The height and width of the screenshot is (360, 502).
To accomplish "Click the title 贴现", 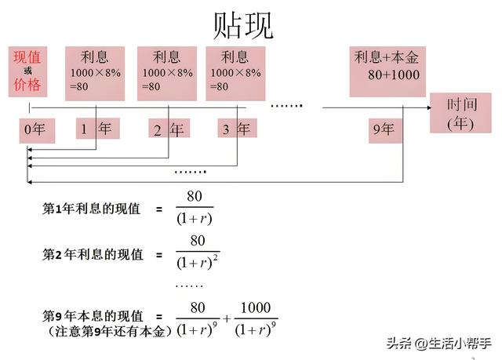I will click(x=243, y=26).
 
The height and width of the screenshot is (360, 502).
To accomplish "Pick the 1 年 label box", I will click(x=97, y=128).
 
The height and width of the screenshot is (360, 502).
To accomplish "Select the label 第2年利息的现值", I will click(x=93, y=254).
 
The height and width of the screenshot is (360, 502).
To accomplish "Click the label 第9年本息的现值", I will click(x=93, y=316).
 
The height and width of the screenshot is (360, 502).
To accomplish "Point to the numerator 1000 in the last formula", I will click(x=254, y=307).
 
